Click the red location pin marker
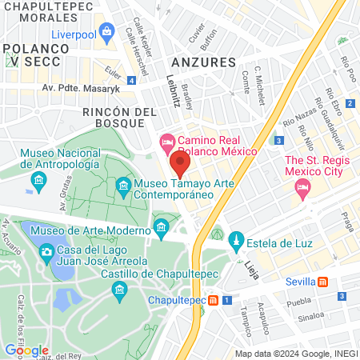[180, 166]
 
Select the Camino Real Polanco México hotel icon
[167, 141]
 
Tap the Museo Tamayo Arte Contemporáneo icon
[124, 189]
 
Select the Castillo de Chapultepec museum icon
[121, 288]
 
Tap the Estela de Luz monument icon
[235, 240]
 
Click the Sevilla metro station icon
[322, 282]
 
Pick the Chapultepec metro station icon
[214, 301]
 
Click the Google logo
[26, 350]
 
